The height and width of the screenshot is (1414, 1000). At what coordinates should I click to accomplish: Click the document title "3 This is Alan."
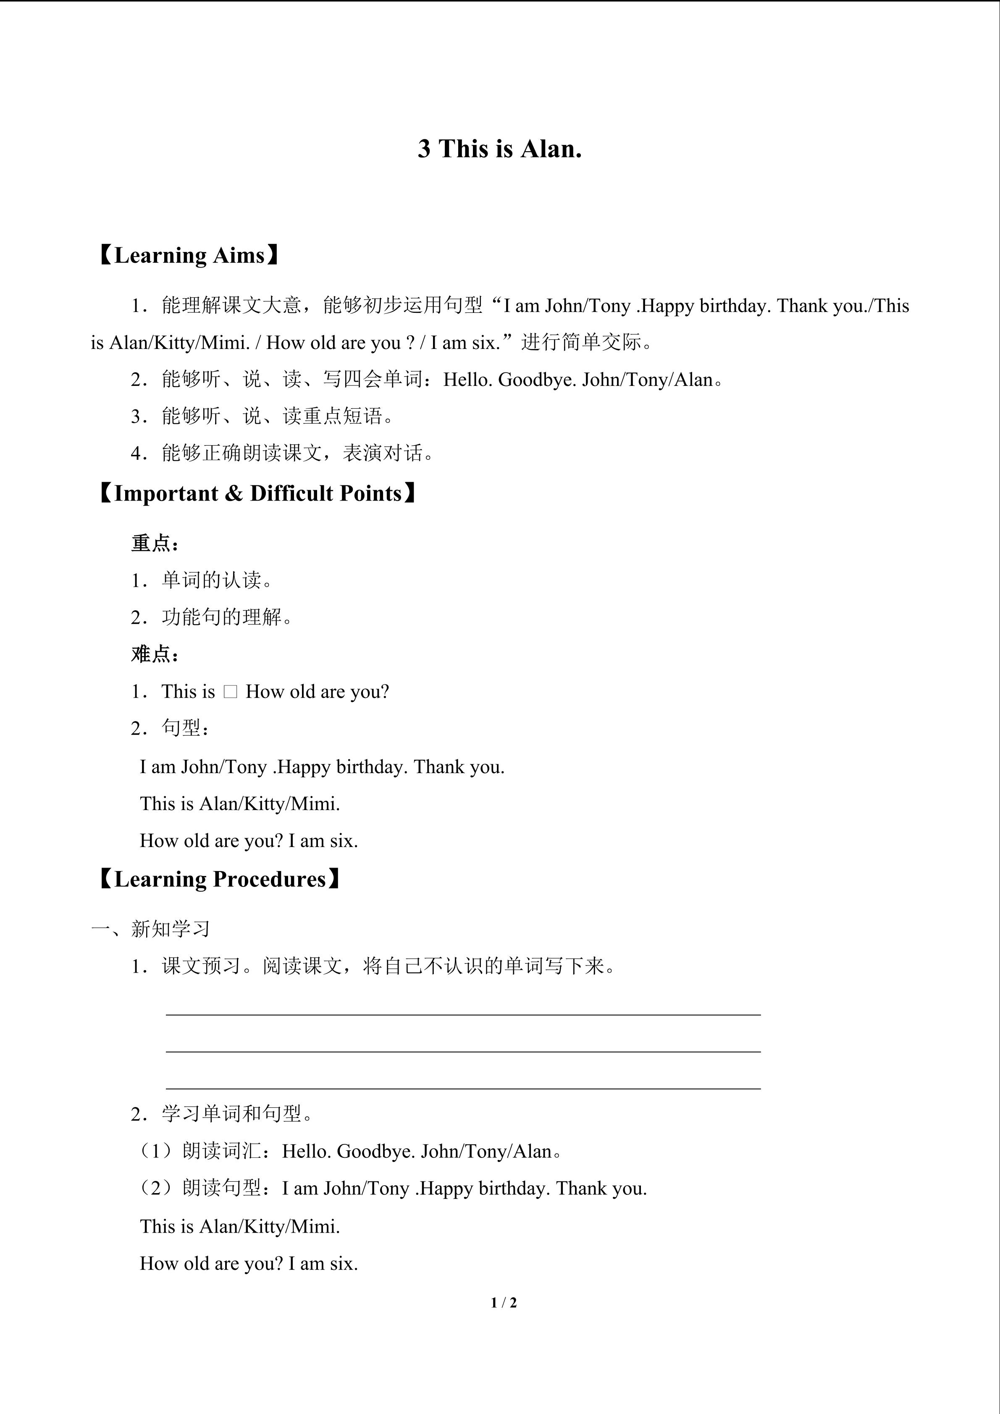click(x=499, y=149)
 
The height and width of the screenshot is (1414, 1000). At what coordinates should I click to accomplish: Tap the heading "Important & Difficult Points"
click(x=257, y=493)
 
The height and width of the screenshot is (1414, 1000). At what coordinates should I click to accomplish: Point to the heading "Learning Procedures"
click(x=219, y=879)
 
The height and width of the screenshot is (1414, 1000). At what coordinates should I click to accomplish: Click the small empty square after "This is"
click(x=230, y=692)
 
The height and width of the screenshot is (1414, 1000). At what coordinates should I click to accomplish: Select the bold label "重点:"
click(x=155, y=543)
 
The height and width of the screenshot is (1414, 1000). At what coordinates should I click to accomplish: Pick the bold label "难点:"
click(x=155, y=654)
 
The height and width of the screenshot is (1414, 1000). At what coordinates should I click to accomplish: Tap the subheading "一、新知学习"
click(x=151, y=929)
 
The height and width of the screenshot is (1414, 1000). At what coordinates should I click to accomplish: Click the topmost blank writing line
click(x=463, y=1014)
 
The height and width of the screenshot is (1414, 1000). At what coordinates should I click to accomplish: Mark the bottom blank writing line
click(x=463, y=1088)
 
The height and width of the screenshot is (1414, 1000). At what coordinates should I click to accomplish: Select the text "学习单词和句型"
click(x=231, y=1113)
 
